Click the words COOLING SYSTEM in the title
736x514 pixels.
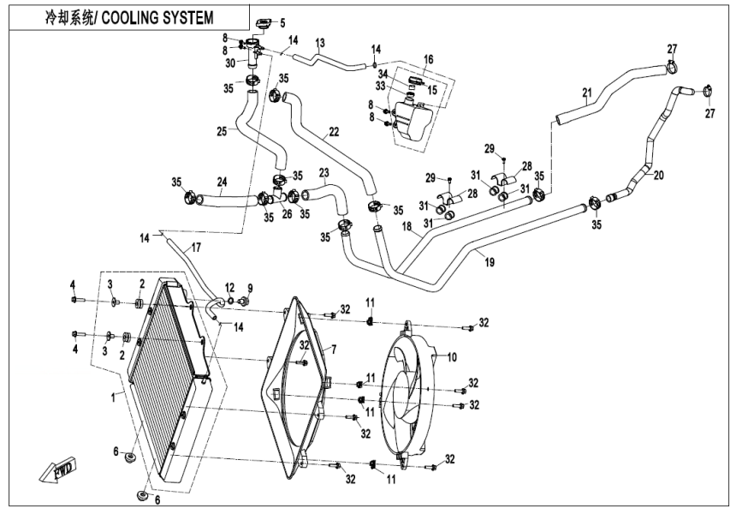coord(157,18)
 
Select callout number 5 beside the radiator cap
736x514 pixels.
coord(283,22)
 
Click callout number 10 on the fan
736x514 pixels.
coord(452,356)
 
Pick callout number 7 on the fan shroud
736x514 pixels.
coord(334,350)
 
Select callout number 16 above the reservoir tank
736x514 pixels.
coord(428,59)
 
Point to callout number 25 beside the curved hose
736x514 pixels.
coord(221,132)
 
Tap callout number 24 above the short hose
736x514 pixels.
coord(221,182)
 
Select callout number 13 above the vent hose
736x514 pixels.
coord(320,42)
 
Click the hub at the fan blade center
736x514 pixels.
coord(409,394)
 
